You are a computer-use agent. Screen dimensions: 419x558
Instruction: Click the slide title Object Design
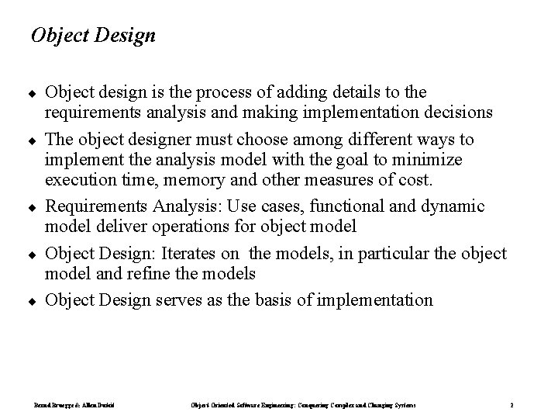pos(92,36)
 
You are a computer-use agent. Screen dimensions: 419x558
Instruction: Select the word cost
pos(416,180)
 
